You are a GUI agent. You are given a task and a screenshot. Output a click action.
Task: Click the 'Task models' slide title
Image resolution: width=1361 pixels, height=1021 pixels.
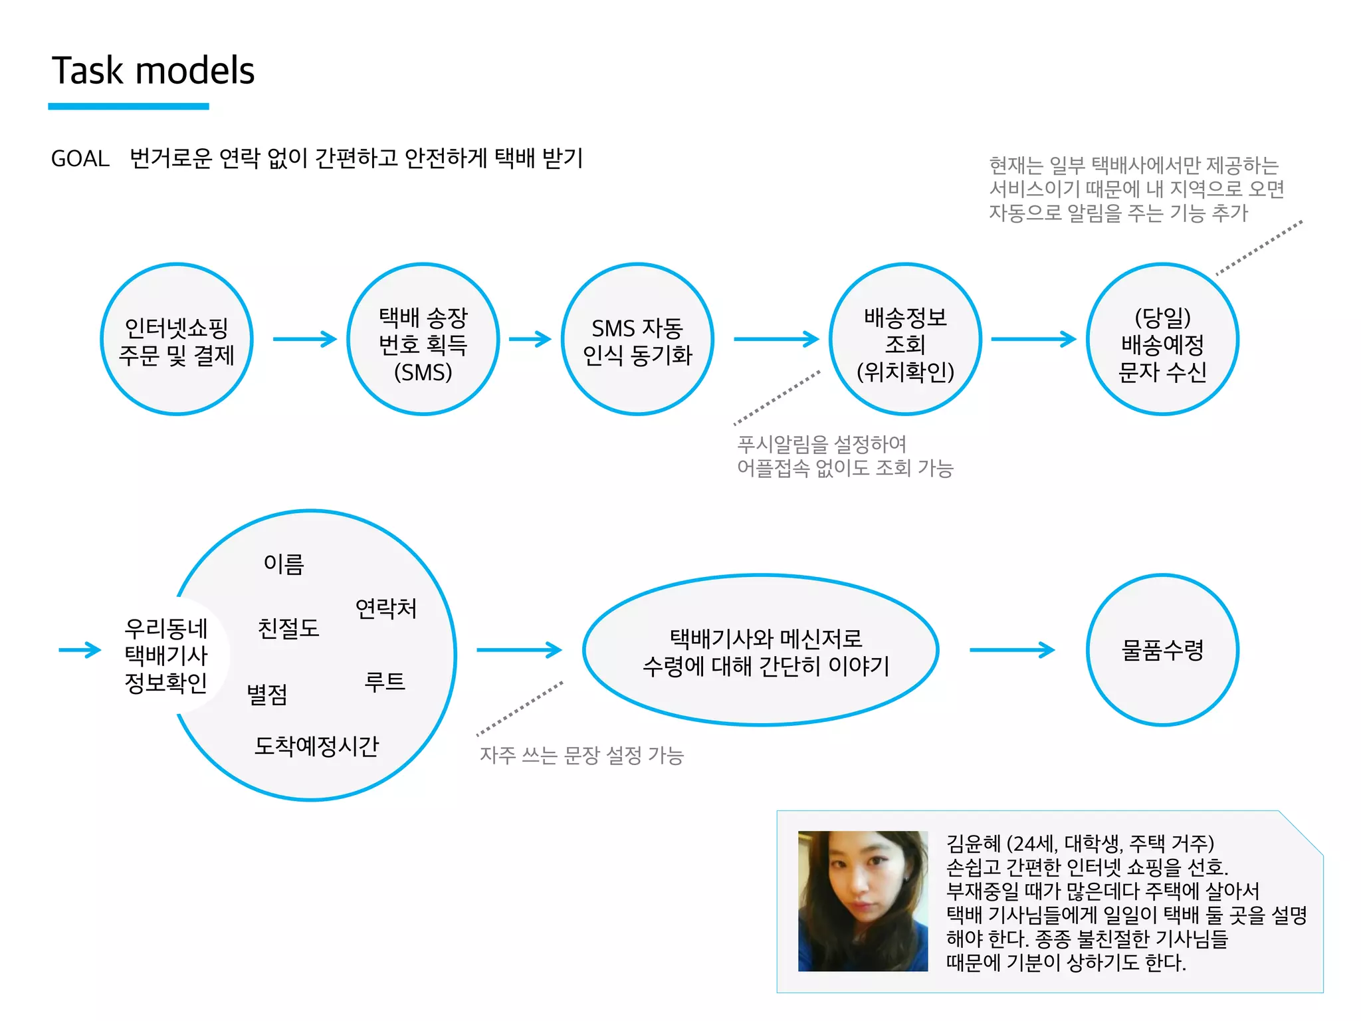(x=153, y=70)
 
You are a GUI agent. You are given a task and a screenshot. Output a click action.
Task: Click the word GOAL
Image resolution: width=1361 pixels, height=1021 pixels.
(x=80, y=159)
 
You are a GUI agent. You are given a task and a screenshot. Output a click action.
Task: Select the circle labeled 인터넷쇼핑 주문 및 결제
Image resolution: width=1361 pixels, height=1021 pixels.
(x=177, y=340)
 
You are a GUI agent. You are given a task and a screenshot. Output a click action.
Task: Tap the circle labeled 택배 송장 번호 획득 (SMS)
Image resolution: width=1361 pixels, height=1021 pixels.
(x=423, y=340)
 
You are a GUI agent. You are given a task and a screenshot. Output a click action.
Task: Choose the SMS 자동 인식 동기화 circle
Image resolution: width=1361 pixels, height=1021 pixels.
(x=637, y=340)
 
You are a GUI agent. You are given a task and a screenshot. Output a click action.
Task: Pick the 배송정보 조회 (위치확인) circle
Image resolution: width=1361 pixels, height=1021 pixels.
(x=905, y=340)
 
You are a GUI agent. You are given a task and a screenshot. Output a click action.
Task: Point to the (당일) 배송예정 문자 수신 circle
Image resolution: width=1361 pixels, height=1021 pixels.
(x=1162, y=340)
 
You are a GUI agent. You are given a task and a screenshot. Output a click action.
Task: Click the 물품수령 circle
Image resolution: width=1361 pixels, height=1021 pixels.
(x=1162, y=650)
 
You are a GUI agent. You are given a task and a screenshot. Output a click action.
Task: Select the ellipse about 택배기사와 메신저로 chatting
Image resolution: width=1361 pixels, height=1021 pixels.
(x=761, y=650)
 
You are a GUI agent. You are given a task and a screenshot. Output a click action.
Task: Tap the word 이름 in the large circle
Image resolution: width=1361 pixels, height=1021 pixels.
(x=284, y=564)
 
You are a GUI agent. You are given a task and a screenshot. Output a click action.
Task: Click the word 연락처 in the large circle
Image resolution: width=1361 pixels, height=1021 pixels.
(x=386, y=608)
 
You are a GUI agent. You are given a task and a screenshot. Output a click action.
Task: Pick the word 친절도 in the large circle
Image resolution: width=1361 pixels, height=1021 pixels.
(x=288, y=628)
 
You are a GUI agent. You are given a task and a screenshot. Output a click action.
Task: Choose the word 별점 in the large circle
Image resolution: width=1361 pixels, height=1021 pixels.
(x=267, y=695)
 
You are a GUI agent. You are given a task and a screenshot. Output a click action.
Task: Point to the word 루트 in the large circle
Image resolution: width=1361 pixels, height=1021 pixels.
(x=385, y=682)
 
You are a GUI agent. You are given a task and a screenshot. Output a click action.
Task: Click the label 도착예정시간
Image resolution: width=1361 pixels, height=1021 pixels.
(x=316, y=746)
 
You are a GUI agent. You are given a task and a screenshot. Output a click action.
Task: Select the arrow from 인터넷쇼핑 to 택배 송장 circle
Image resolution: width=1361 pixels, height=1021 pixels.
(x=305, y=339)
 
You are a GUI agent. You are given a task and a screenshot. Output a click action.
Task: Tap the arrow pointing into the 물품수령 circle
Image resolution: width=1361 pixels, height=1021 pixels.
(x=1012, y=650)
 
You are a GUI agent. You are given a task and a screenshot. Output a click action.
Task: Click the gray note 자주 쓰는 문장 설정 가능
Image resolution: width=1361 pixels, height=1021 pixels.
(x=581, y=755)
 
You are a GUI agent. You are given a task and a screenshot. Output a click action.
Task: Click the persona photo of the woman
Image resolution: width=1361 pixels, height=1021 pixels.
(x=863, y=901)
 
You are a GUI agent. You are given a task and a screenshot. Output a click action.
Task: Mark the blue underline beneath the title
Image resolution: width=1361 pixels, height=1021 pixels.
(x=128, y=106)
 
